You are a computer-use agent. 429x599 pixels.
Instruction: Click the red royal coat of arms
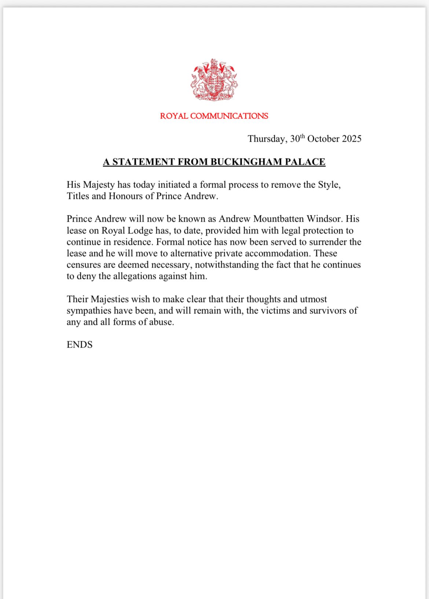click(214, 80)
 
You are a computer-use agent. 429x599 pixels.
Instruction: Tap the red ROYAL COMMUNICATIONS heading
click(214, 116)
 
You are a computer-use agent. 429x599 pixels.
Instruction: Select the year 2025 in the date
click(352, 139)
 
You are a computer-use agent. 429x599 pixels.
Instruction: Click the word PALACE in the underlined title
click(307, 162)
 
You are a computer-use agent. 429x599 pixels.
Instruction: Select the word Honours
click(125, 196)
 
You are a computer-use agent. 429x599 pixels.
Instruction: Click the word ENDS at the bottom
click(80, 345)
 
